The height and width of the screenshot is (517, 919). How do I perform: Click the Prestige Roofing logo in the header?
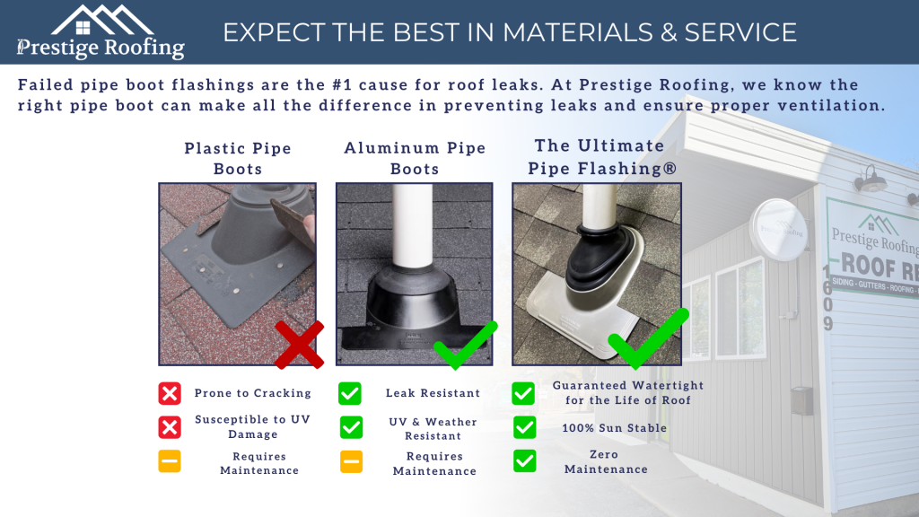[101, 32]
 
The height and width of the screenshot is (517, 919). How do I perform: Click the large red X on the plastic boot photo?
[299, 345]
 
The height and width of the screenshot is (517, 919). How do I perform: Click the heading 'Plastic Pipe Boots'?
[238, 158]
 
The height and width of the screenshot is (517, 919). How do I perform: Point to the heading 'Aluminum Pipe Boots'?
[415, 158]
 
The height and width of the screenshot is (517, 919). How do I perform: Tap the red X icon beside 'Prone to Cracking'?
[170, 393]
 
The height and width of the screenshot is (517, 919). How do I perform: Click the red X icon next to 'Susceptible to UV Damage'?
[170, 426]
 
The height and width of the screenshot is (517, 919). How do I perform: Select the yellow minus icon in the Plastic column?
[170, 461]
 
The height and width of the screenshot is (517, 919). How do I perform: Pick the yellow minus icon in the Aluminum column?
[351, 461]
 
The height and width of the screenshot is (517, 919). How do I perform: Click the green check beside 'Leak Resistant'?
[350, 393]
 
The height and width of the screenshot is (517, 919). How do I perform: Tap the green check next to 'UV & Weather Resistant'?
[351, 427]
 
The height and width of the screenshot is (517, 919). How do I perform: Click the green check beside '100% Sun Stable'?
[524, 427]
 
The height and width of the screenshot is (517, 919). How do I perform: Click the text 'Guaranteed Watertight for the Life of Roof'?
[628, 393]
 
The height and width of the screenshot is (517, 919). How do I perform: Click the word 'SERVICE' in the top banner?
[740, 32]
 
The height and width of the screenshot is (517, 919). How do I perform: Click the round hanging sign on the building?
[777, 230]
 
